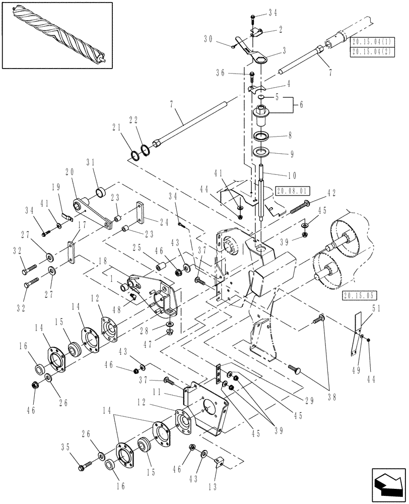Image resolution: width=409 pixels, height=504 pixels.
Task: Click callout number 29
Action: [x=309, y=401]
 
